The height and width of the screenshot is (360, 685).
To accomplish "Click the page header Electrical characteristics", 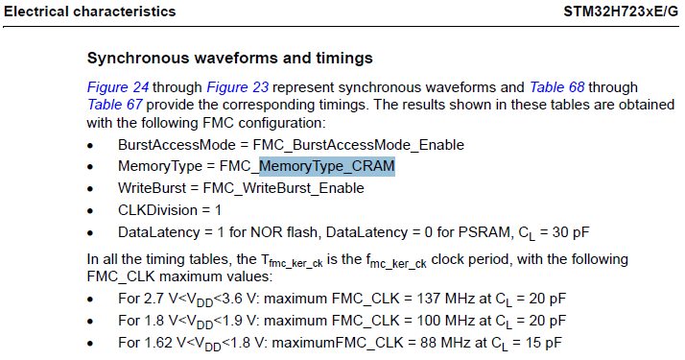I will click(90, 12).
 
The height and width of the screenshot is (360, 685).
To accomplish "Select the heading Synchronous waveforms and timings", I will click(230, 59).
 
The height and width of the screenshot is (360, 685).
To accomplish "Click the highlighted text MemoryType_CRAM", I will click(327, 166).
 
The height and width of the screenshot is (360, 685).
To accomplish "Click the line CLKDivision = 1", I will click(170, 210).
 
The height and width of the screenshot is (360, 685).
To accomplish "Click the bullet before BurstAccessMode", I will click(90, 145).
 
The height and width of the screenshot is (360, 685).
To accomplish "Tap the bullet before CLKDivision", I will click(90, 211).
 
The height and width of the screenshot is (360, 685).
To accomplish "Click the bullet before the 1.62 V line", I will click(90, 343).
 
